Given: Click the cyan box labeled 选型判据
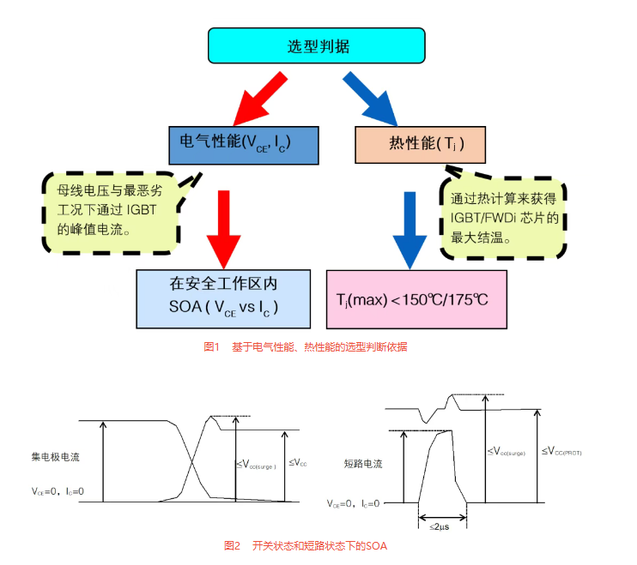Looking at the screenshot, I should pos(317,45).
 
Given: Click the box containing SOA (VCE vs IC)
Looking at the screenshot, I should pos(223,298).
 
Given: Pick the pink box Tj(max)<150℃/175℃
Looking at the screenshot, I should pos(416,299).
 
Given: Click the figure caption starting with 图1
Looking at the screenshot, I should pos(305,347).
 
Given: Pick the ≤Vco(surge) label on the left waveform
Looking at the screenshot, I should pos(255,465).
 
